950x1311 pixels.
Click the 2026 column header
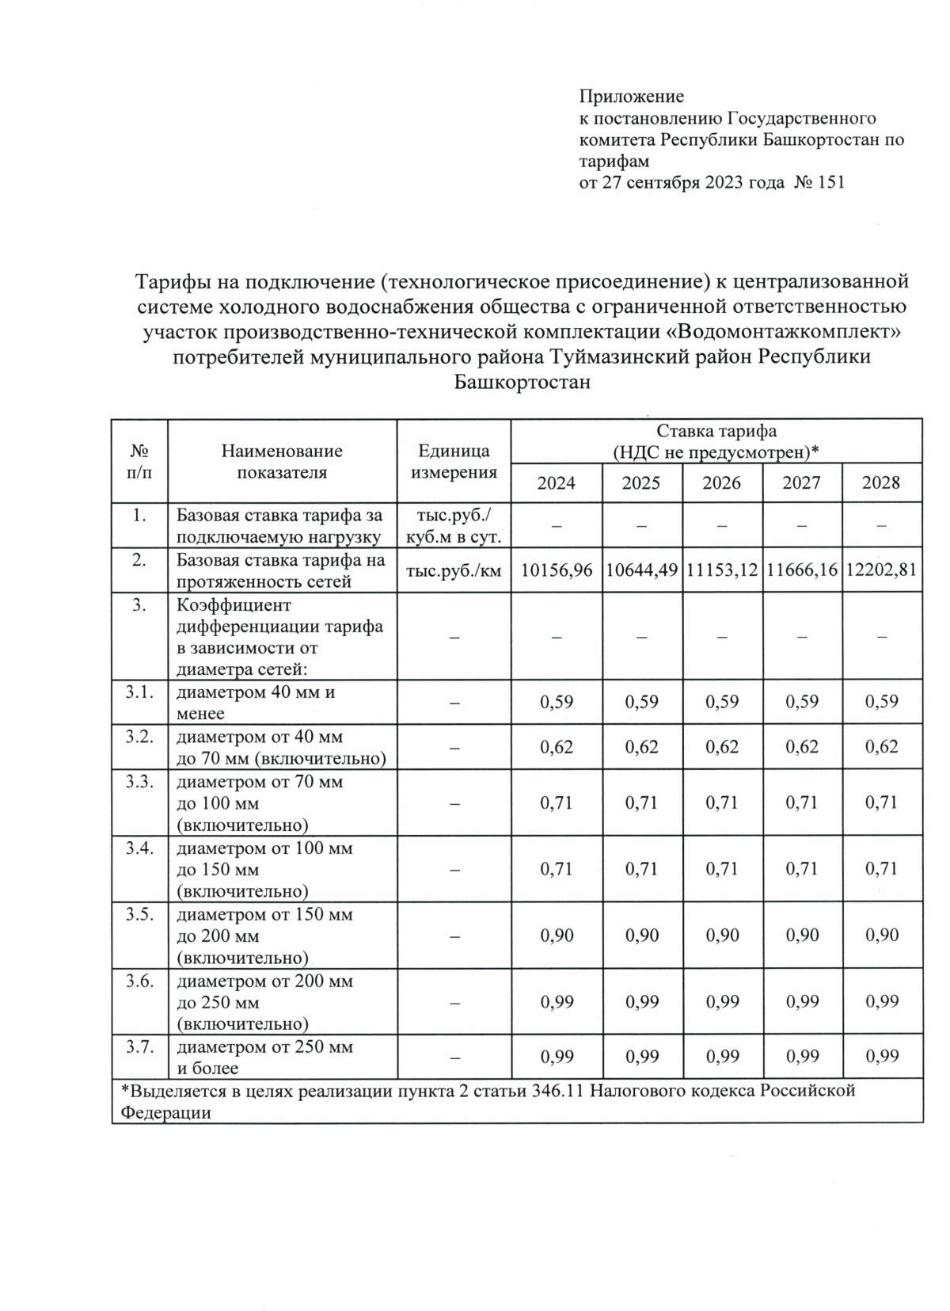point(721,482)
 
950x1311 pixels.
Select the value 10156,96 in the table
point(556,570)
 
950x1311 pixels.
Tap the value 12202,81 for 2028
point(882,570)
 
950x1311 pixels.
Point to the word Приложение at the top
point(631,97)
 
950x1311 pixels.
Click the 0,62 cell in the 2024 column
point(556,746)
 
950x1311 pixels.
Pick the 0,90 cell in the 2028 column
point(882,936)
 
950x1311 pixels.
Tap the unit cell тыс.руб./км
point(453,570)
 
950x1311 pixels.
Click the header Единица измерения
point(453,462)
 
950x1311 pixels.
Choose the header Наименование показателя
point(282,462)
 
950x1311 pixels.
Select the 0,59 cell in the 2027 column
point(801,701)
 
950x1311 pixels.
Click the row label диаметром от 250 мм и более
point(264,1058)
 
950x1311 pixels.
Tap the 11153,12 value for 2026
point(721,570)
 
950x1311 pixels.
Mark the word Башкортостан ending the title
point(522,383)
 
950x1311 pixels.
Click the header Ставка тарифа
point(716,431)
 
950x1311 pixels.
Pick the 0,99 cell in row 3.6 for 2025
point(640,1001)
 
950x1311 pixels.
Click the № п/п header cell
point(139,462)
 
